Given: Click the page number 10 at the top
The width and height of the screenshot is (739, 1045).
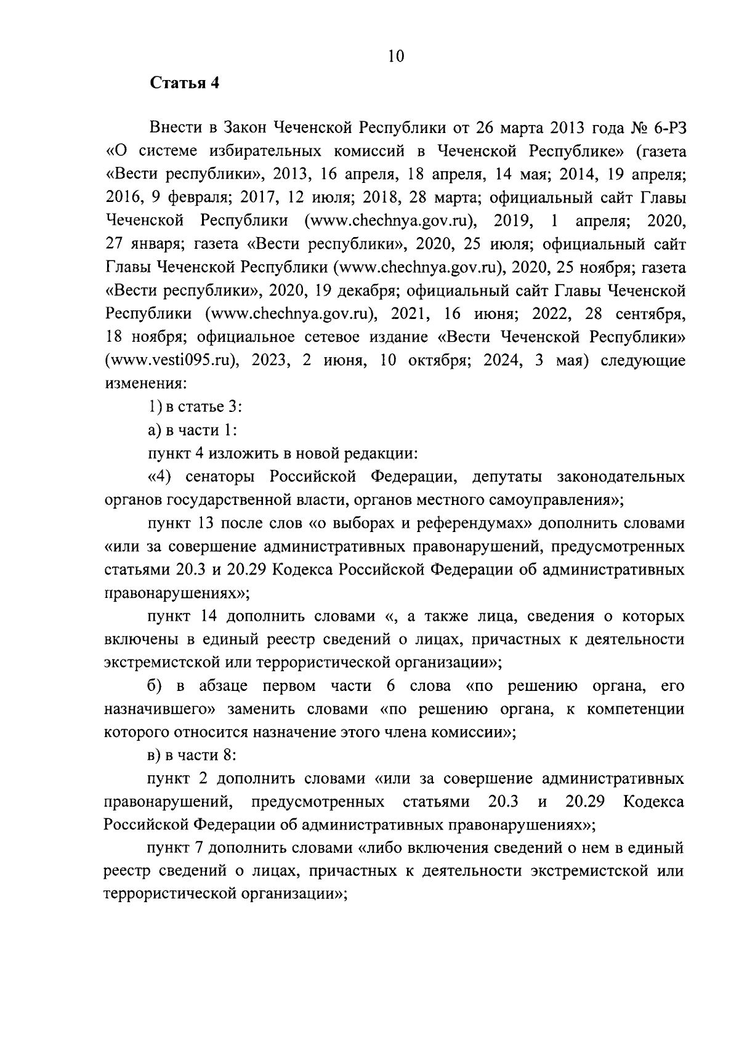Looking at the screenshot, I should (396, 57).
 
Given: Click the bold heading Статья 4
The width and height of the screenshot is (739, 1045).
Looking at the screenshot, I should (185, 84).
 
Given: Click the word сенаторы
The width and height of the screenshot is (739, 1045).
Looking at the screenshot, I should (218, 477).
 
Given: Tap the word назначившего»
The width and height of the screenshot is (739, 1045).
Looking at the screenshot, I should (159, 709).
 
